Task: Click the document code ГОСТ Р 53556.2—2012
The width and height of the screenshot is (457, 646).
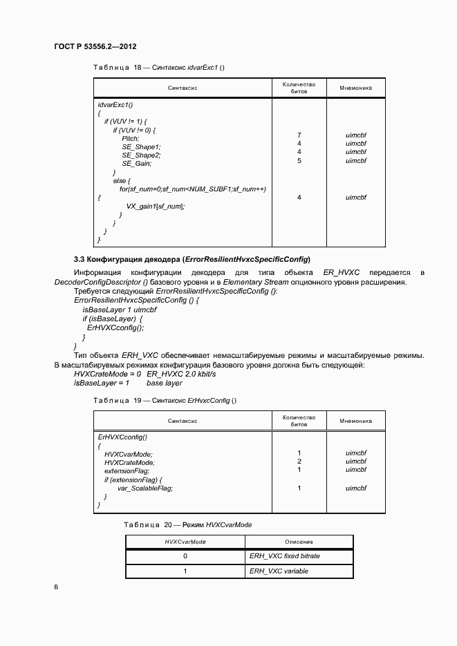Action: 95,47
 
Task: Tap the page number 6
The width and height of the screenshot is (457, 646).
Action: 56,587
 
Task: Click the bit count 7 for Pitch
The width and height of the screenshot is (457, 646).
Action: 299,135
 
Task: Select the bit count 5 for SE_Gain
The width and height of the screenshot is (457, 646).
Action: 299,160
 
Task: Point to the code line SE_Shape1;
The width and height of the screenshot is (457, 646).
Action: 141,146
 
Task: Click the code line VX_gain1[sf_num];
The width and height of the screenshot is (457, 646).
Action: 156,206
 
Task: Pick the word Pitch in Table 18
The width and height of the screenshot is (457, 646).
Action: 131,138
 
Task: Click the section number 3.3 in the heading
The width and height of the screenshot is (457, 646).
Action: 80,259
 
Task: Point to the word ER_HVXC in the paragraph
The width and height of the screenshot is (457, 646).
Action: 342,273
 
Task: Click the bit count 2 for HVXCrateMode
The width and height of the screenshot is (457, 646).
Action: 299,462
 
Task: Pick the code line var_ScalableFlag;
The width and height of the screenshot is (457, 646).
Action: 145,488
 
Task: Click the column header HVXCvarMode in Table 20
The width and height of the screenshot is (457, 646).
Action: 185,542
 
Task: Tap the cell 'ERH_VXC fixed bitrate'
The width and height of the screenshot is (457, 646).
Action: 285,555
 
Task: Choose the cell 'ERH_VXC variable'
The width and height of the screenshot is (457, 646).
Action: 279,571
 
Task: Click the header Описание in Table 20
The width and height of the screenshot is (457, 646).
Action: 299,542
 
